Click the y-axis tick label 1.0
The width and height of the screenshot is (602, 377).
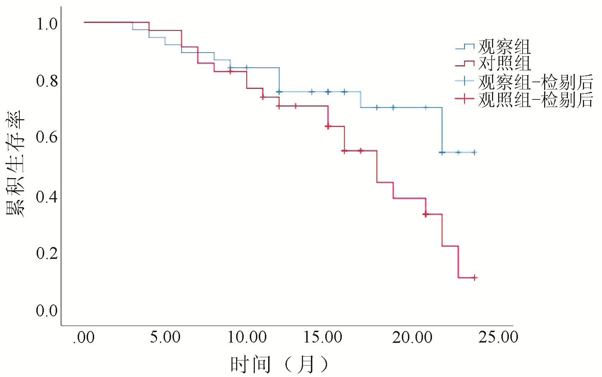[x=47, y=24]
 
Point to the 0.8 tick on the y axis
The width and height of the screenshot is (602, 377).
[x=47, y=81]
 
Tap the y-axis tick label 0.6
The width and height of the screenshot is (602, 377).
[x=47, y=137]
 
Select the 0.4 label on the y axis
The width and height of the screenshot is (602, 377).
[x=47, y=197]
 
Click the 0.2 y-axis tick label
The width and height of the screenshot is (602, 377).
[x=47, y=253]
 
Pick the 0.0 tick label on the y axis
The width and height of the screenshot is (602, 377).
[x=47, y=311]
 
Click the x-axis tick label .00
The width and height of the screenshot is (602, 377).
[x=84, y=338]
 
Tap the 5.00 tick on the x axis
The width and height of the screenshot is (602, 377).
[x=165, y=338]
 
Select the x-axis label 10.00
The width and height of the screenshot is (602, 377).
[x=247, y=338]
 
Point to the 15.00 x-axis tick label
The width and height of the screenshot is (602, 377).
[x=323, y=338]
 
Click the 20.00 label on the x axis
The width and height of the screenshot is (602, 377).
[x=412, y=338]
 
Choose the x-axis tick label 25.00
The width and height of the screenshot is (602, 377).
[x=498, y=338]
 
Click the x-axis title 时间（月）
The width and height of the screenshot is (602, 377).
[x=279, y=364]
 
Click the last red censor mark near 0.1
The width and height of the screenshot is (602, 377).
[x=474, y=278]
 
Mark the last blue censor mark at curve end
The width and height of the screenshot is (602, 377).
[x=474, y=152]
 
